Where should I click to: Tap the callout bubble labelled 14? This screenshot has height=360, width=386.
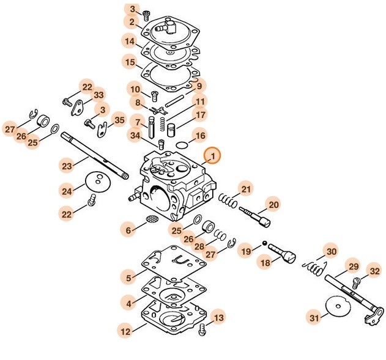click(130, 42)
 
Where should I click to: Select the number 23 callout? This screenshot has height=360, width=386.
click(67, 164)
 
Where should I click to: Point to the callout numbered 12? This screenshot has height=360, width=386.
click(125, 332)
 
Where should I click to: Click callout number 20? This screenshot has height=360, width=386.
click(273, 205)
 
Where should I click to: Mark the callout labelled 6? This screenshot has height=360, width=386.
click(128, 230)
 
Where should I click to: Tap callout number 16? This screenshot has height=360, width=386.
click(199, 135)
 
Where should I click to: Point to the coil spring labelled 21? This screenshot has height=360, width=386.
click(229, 199)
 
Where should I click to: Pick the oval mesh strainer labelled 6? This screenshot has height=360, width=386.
click(152, 219)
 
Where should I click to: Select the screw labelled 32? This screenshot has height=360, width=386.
click(359, 282)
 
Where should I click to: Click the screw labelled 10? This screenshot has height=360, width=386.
click(155, 94)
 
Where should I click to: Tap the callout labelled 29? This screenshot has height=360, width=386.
click(354, 266)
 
